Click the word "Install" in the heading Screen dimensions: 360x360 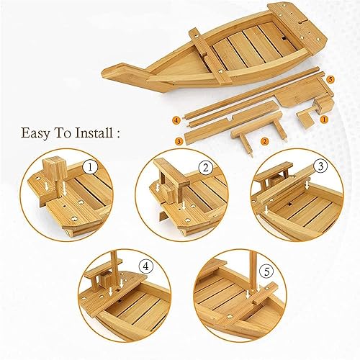click(x=94, y=132)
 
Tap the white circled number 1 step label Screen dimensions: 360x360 click(x=90, y=167)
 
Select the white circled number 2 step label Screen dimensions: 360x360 click(x=206, y=168)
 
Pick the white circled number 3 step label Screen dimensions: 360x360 click(x=321, y=166)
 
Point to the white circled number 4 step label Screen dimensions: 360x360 click(x=146, y=267)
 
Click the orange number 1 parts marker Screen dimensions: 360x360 click(x=325, y=120)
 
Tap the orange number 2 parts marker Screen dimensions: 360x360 click(x=264, y=141)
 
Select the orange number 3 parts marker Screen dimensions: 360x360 click(x=179, y=141)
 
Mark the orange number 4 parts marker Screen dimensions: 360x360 click(x=176, y=120)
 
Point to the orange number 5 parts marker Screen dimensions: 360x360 click(x=330, y=80)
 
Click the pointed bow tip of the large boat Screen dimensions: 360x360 click(x=104, y=71)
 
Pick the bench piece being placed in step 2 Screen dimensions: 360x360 click(x=170, y=177)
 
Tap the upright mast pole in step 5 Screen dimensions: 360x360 click(x=253, y=269)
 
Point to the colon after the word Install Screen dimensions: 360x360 click(x=118, y=134)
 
